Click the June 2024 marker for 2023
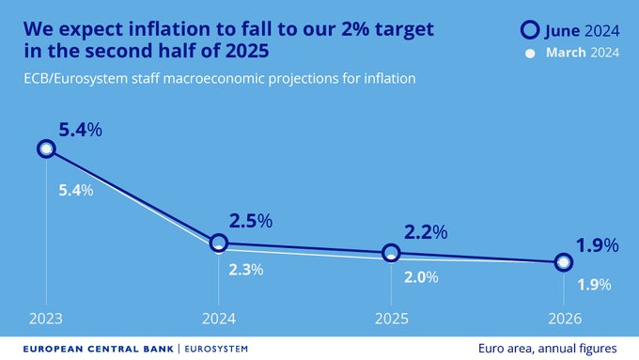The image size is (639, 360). click(46, 149)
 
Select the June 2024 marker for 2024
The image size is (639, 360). click(218, 243)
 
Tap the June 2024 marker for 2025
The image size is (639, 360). click(391, 253)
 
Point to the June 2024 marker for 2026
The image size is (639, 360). click(563, 262)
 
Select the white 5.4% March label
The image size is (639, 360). click(76, 190)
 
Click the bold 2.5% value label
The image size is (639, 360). click(251, 221)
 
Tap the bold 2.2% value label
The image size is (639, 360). click(424, 230)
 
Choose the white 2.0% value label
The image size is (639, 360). click(420, 278)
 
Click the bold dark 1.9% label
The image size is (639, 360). click(597, 245)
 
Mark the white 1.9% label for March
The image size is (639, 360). click(594, 284)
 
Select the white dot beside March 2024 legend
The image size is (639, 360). click(530, 53)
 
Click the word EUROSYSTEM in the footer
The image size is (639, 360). click(215, 348)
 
